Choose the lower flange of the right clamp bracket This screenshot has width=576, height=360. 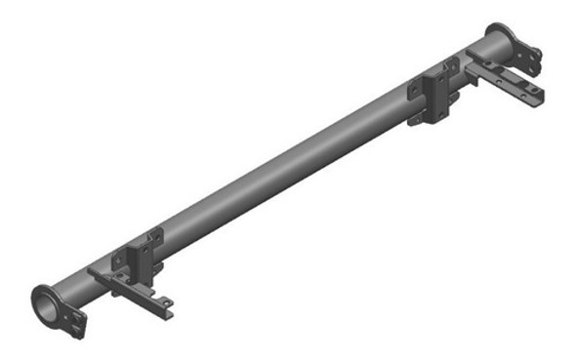pyautogui.click(x=422, y=117)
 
